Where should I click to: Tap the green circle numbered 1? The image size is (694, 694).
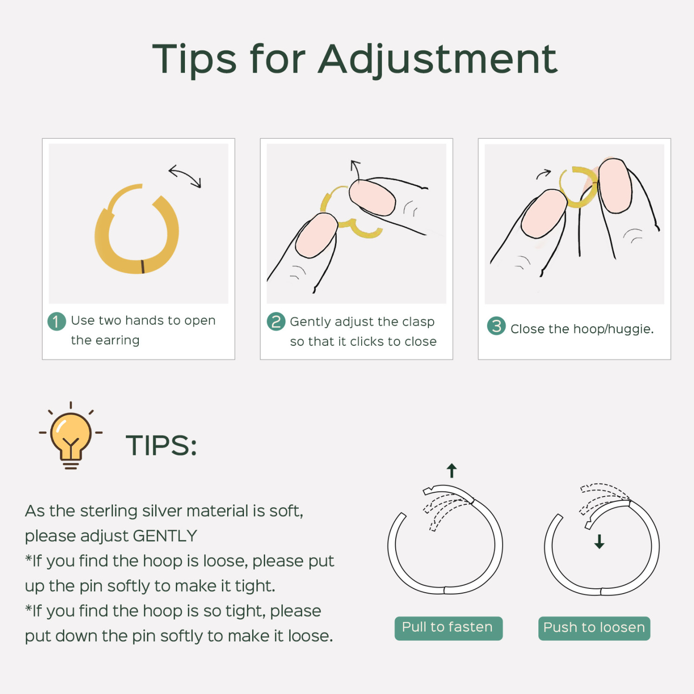(x=57, y=321)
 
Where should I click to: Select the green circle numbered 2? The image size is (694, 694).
(x=276, y=321)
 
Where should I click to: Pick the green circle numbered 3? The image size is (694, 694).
(x=496, y=326)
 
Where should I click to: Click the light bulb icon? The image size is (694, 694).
(x=71, y=436)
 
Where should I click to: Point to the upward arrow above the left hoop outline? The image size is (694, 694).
(x=451, y=470)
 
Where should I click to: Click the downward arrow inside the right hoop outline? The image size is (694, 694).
(x=599, y=542)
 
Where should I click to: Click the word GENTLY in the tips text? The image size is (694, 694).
(x=165, y=536)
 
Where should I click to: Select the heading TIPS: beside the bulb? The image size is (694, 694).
(x=161, y=446)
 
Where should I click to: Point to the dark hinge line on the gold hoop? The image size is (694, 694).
(x=143, y=267)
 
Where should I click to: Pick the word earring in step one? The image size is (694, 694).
(x=117, y=341)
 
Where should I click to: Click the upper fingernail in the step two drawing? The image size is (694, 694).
(x=372, y=198)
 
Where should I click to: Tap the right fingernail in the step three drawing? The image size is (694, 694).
(x=615, y=186)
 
